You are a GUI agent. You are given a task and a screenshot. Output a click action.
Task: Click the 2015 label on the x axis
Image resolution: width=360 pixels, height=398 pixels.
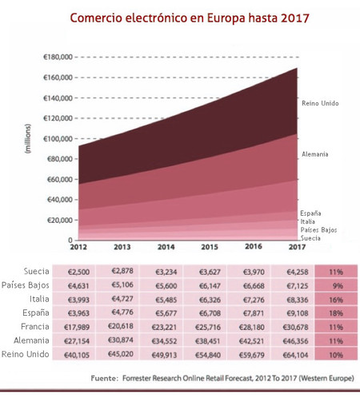coord(209,248)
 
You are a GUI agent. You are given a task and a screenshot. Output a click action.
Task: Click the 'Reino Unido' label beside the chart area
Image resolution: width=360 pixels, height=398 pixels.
coord(321,103)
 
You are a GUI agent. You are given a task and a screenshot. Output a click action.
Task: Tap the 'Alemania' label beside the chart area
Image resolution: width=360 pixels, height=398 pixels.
coord(315,153)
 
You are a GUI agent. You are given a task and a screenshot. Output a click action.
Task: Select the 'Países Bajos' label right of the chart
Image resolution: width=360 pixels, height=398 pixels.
coord(318,229)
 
